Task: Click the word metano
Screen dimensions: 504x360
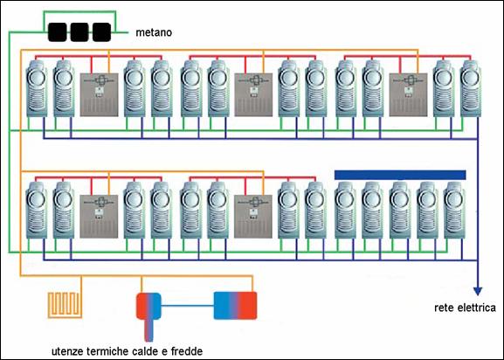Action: tap(154, 32)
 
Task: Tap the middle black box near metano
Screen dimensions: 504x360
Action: tap(79, 32)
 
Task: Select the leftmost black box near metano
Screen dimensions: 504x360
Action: tap(58, 32)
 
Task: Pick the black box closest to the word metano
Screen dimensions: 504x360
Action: tap(101, 32)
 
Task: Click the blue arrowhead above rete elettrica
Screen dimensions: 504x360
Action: tap(478, 291)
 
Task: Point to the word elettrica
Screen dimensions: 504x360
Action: tap(476, 308)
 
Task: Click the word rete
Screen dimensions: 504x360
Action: tap(445, 308)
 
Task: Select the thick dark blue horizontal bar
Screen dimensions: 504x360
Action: tap(400, 175)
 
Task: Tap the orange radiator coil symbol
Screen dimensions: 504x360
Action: tap(65, 305)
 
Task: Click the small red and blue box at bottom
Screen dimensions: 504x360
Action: tap(148, 306)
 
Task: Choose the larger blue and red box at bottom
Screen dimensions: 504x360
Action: tap(235, 305)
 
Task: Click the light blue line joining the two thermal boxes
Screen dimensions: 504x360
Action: tap(188, 305)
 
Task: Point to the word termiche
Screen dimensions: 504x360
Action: tap(107, 351)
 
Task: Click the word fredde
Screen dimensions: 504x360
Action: tap(187, 351)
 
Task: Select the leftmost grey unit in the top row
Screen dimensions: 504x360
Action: tap(99, 95)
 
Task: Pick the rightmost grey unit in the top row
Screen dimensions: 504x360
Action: tap(408, 95)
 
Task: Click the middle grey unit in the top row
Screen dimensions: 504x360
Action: tap(253, 95)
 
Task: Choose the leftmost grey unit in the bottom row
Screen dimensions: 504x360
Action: tap(99, 217)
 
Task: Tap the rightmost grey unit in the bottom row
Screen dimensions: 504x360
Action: tap(253, 217)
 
